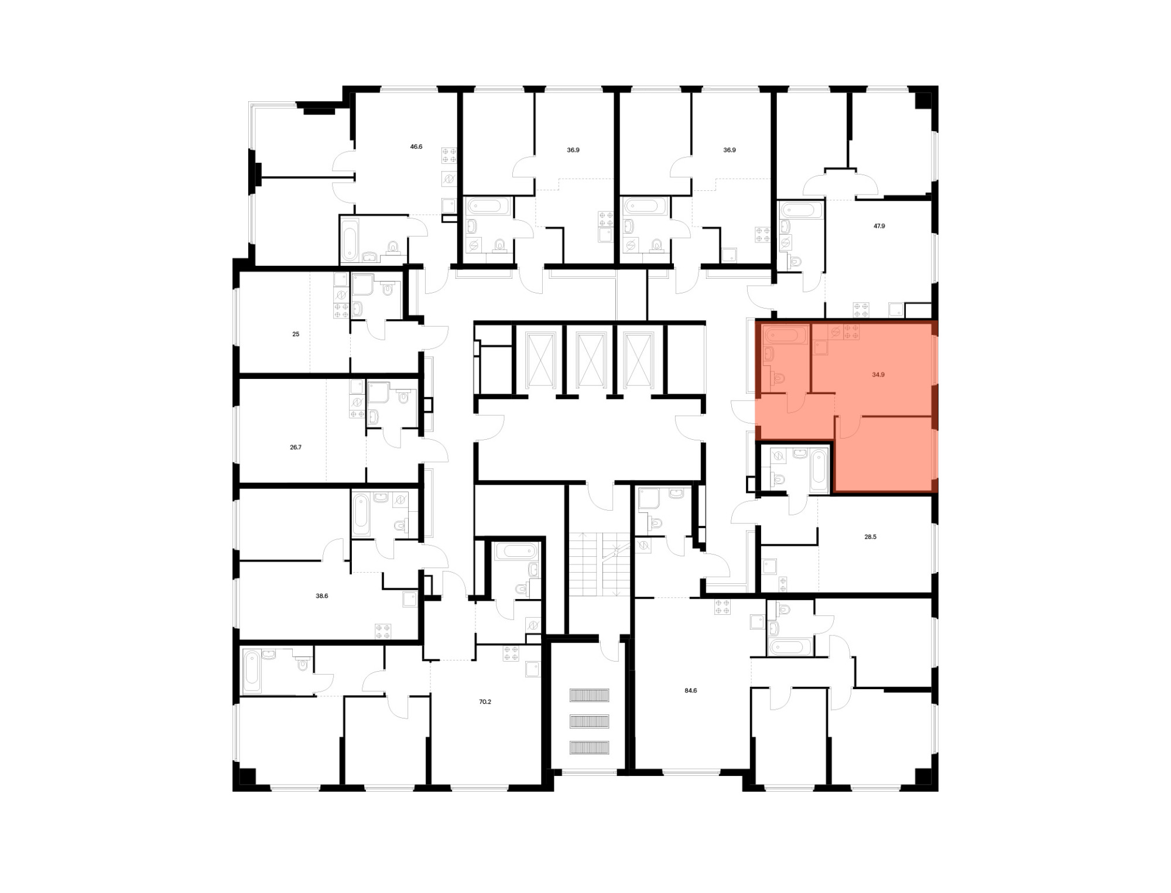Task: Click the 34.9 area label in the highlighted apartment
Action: pyautogui.click(x=878, y=374)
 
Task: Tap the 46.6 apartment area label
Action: pyautogui.click(x=416, y=146)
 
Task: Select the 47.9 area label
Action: pyautogui.click(x=879, y=225)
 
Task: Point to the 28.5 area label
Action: pyautogui.click(x=870, y=536)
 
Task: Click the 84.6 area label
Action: pyautogui.click(x=691, y=690)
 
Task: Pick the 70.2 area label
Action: pyautogui.click(x=485, y=702)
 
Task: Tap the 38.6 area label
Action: pyautogui.click(x=322, y=596)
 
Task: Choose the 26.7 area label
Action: pyautogui.click(x=296, y=447)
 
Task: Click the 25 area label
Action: pyautogui.click(x=296, y=334)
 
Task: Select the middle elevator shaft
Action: pyautogui.click(x=590, y=360)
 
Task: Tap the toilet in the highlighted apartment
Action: pyautogui.click(x=778, y=379)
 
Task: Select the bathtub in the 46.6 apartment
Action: pyautogui.click(x=350, y=240)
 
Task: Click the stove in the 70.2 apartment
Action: pyautogui.click(x=511, y=654)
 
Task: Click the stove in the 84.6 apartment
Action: pyautogui.click(x=723, y=607)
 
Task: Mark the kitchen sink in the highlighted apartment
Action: pyautogui.click(x=820, y=348)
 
